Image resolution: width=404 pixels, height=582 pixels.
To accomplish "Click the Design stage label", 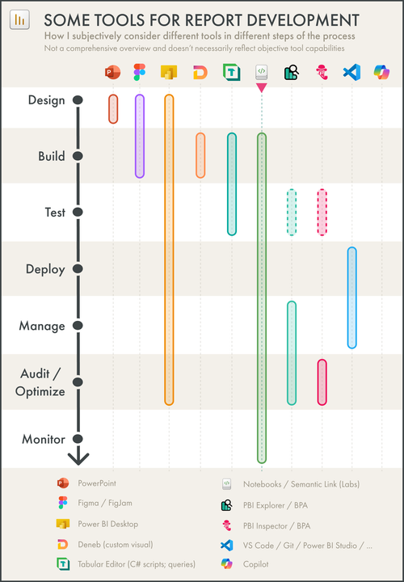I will (46, 99).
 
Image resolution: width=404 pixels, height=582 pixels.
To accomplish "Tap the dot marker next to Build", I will (78, 156).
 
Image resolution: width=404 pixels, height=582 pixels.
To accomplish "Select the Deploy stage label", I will (45, 269).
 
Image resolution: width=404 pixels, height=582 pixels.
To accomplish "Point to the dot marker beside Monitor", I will (78, 439).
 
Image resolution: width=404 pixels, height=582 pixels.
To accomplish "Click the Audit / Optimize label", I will (40, 382).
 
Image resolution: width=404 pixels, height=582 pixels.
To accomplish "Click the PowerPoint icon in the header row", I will (112, 73).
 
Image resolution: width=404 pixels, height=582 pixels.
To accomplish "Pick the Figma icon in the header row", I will (140, 73).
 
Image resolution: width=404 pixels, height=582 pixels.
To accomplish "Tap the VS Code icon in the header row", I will (351, 73).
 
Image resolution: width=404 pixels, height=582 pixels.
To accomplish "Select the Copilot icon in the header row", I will (381, 73).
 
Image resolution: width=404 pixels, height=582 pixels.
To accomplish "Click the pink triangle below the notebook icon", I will (261, 87).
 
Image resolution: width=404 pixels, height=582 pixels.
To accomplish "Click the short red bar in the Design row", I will (113, 109).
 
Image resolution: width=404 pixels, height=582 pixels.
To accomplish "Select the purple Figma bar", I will (140, 136).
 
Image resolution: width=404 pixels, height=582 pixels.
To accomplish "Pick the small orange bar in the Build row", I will (200, 155).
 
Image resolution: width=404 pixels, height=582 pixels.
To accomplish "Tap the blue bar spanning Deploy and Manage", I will (351, 297).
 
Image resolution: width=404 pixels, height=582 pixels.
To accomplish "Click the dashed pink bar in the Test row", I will (322, 212).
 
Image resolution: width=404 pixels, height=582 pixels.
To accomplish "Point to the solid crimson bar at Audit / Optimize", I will (322, 382).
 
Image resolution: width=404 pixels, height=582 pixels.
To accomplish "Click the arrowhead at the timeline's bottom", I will (78, 459).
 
